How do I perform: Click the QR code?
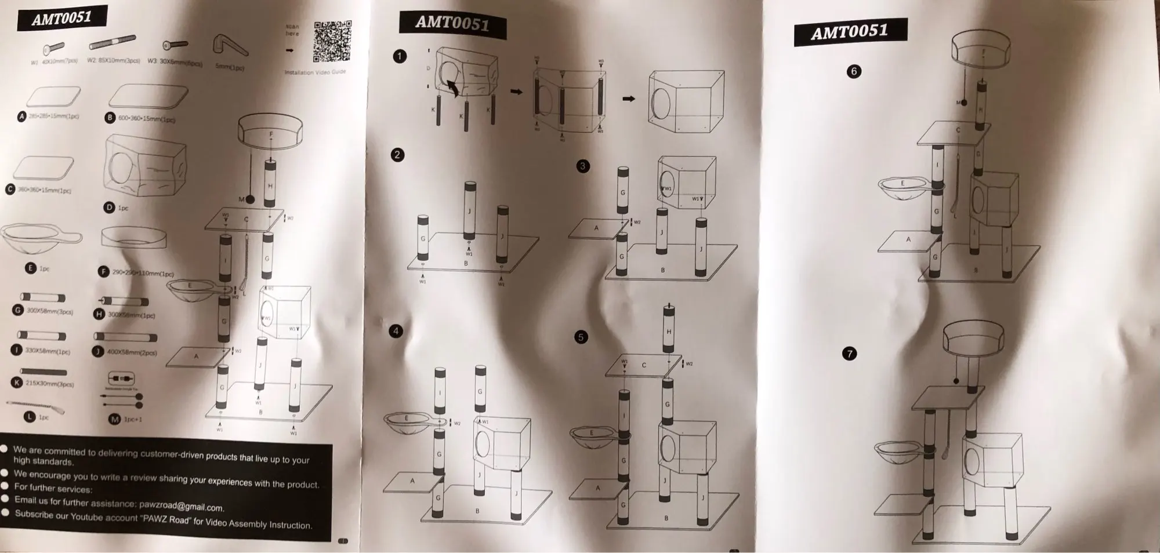332,42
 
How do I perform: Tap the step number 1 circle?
400,56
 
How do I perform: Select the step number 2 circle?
397,155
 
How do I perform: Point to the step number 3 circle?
583,166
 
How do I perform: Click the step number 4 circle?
396,331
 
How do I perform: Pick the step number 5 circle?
581,337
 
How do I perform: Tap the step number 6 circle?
854,72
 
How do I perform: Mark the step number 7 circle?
849,354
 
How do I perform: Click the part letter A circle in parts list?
22,117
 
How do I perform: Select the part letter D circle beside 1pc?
110,207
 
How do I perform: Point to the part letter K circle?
17,383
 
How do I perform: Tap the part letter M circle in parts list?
114,419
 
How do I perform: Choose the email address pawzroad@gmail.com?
182,506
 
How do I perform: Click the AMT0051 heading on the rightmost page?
850,31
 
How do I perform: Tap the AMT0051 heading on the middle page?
452,24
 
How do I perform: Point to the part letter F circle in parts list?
104,271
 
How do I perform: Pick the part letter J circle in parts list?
98,351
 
